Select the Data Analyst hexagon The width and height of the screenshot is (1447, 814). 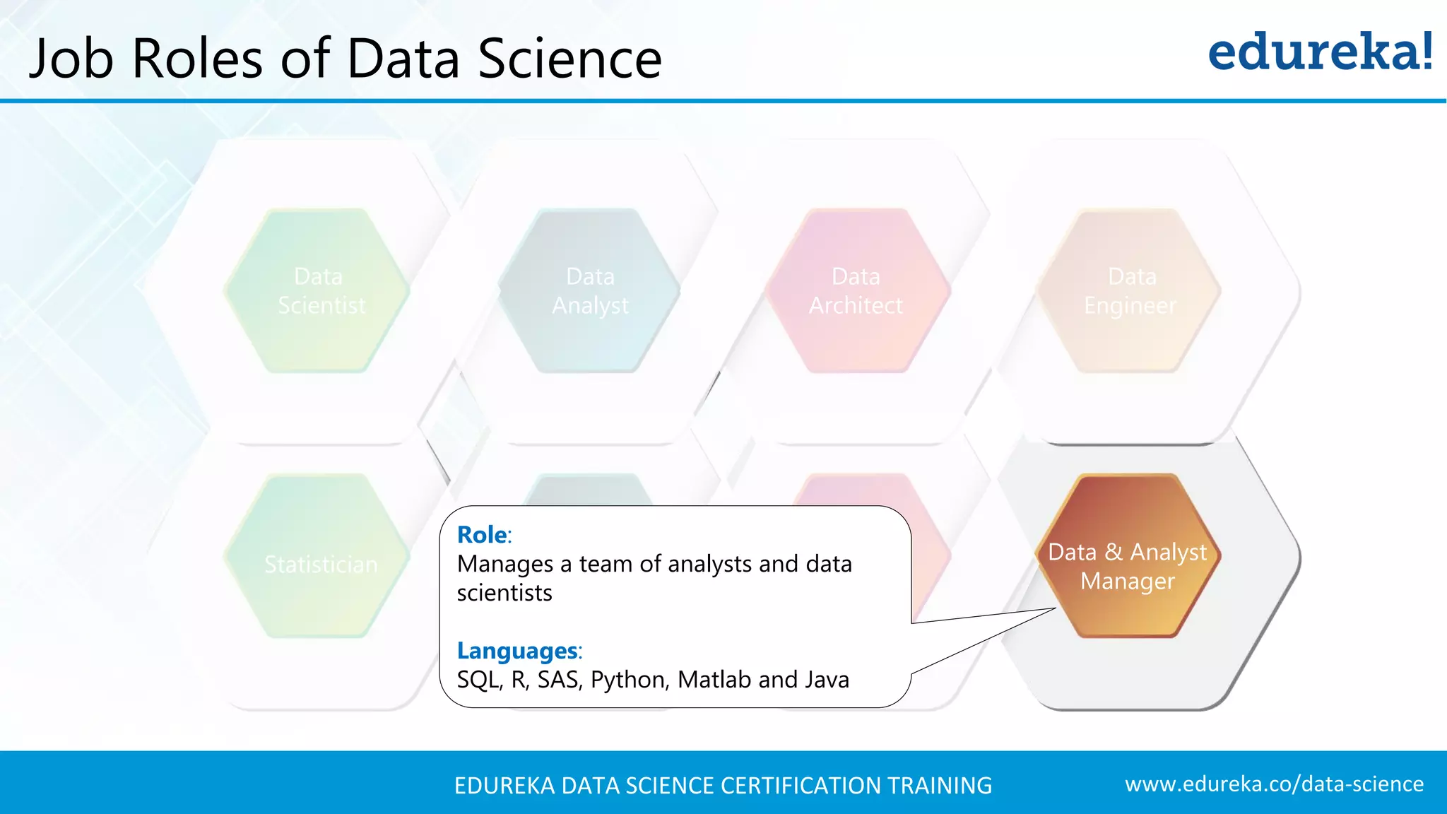590,290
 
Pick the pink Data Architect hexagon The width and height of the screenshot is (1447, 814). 856,290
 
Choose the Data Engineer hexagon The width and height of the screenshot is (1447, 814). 1130,290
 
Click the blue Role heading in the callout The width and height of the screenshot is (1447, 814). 482,535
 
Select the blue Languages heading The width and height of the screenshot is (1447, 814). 517,651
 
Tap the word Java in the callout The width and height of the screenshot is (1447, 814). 827,680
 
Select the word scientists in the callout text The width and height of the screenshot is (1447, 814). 504,593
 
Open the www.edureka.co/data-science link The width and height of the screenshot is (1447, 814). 1274,784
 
